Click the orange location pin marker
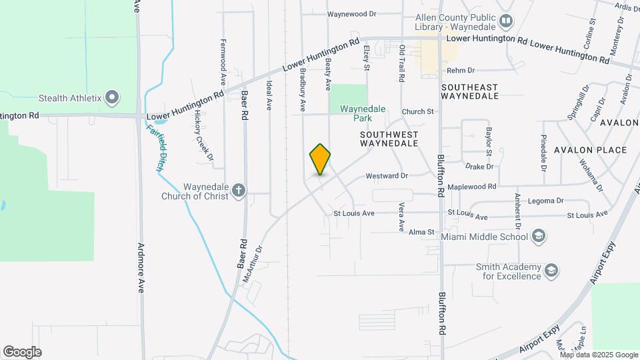pyautogui.click(x=320, y=159)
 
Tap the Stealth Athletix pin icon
pyautogui.click(x=112, y=98)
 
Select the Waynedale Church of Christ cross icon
pyautogui.click(x=239, y=192)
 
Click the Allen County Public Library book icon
pyautogui.click(x=506, y=21)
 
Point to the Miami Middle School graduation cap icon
pyautogui.click(x=539, y=236)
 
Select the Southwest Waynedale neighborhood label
pyautogui.click(x=389, y=139)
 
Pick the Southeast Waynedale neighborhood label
pyautogui.click(x=470, y=91)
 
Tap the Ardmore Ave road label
pyautogui.click(x=141, y=267)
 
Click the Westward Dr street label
pyautogui.click(x=386, y=176)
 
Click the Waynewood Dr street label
pyautogui.click(x=351, y=13)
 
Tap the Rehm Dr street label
pyautogui.click(x=460, y=70)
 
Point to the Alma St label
pyautogui.click(x=421, y=232)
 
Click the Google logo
pyautogui.click(x=22, y=352)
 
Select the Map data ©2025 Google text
pyautogui.click(x=598, y=355)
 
